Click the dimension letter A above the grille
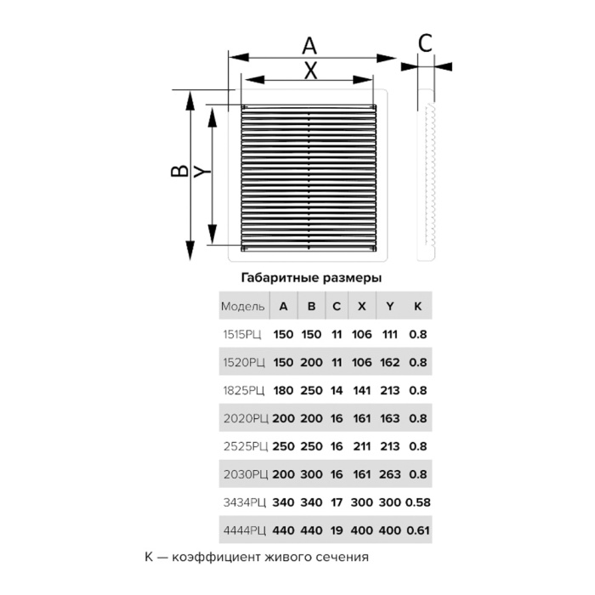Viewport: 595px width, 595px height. (x=309, y=46)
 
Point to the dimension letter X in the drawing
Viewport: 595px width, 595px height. (x=311, y=71)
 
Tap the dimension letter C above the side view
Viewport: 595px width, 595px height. (x=425, y=42)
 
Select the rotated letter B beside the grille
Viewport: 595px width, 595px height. (x=179, y=171)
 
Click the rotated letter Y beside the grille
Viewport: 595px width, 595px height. (x=202, y=172)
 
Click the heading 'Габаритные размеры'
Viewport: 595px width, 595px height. (x=311, y=278)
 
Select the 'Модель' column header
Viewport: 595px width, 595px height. (x=243, y=306)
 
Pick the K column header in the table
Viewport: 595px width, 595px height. (x=418, y=306)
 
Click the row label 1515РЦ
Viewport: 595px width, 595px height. (x=242, y=334)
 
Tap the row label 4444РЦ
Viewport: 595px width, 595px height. (x=245, y=530)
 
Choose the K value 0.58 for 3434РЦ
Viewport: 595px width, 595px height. (x=418, y=502)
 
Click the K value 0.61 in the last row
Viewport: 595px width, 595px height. (x=418, y=530)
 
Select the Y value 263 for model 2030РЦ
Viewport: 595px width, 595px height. (x=389, y=474)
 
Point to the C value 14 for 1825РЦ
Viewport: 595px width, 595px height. (x=337, y=390)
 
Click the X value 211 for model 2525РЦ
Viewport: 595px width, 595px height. (x=361, y=446)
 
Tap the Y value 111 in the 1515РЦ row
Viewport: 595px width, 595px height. (x=389, y=334)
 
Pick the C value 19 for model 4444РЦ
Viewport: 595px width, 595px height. (x=337, y=530)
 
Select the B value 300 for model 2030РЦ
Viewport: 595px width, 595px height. (x=311, y=474)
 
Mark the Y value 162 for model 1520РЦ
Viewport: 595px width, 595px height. (x=389, y=362)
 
